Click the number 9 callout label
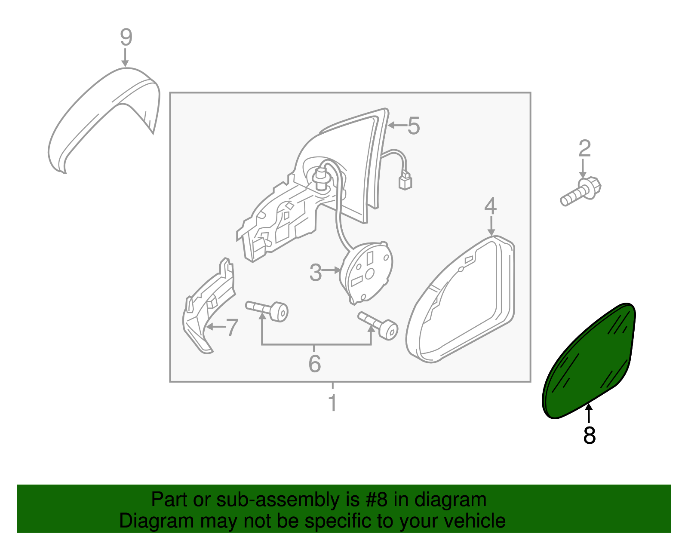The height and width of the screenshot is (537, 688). (126, 38)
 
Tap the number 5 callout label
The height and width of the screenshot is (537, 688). (413, 126)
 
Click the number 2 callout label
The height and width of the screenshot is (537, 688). (584, 149)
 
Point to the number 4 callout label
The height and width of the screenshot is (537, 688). (490, 206)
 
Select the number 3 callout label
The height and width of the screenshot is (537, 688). (316, 273)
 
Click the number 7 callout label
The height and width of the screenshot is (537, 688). (232, 328)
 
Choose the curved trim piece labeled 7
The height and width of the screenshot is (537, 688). (206, 310)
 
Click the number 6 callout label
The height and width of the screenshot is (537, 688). (315, 364)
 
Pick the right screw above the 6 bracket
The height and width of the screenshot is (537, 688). (379, 325)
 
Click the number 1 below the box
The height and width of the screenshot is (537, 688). (332, 403)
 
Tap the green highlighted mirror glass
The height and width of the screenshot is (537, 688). (589, 361)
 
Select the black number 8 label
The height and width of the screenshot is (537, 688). (589, 435)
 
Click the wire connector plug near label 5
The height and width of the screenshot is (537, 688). (405, 181)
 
